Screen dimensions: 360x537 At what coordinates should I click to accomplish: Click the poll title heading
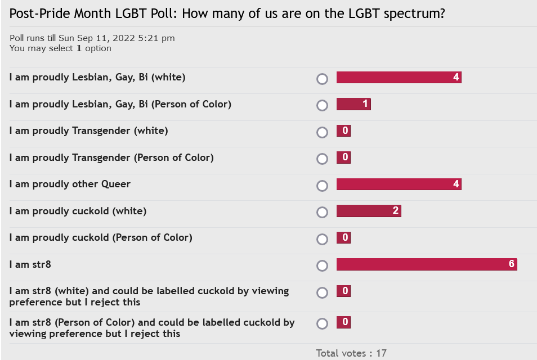click(227, 13)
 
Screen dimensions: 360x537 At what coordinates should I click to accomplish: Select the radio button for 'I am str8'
click(322, 265)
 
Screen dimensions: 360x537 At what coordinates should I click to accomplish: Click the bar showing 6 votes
click(427, 264)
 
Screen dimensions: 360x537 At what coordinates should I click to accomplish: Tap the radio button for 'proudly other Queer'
click(322, 186)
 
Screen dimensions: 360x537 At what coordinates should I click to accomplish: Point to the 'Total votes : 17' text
click(351, 353)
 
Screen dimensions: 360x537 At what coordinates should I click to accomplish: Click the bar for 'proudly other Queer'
click(399, 184)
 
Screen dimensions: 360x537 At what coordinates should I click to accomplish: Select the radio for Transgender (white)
click(322, 132)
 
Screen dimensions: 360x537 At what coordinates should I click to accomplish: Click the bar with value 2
click(369, 211)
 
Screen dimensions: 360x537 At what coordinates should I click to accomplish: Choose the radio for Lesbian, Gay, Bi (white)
click(322, 79)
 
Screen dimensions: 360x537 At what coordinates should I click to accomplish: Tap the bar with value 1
click(353, 104)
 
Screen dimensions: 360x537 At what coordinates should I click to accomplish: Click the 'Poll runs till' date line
click(92, 38)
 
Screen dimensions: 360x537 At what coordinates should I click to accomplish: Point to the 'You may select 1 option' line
click(60, 48)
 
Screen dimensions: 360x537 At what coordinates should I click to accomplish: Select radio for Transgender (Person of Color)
click(322, 159)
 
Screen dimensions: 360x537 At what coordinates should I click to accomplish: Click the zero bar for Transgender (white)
click(343, 131)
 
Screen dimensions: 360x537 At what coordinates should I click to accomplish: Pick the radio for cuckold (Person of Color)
click(322, 239)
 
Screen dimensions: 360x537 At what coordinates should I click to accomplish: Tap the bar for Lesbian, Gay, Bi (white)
click(399, 78)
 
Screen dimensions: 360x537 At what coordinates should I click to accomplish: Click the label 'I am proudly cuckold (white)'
click(78, 211)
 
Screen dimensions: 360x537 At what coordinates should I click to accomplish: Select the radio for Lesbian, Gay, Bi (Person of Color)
click(322, 106)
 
